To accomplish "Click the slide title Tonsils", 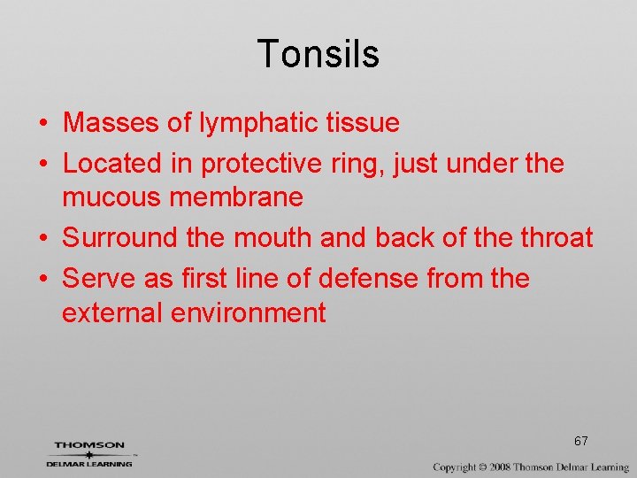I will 318,54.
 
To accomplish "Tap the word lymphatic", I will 260,123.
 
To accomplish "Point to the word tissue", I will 364,123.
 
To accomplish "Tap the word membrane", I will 236,197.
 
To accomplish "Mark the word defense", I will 369,279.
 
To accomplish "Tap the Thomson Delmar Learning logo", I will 89,453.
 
